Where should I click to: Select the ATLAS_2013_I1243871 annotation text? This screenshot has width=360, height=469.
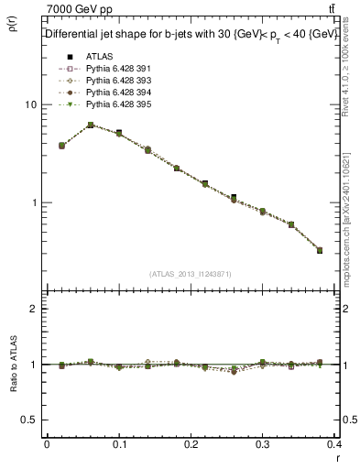[190, 274]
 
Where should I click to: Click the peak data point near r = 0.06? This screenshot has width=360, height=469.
[91, 125]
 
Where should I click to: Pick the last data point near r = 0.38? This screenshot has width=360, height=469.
[319, 250]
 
